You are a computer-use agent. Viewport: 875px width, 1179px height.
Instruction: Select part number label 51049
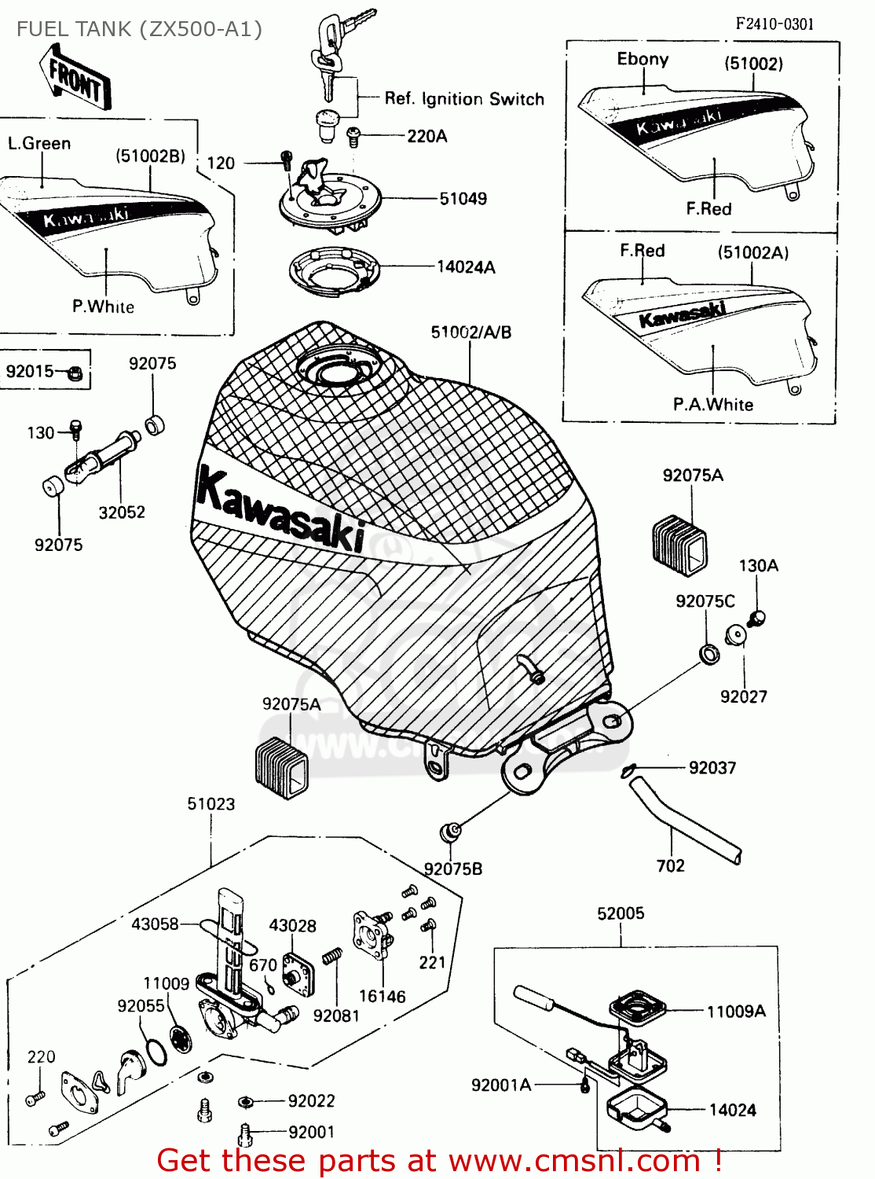pos(463,199)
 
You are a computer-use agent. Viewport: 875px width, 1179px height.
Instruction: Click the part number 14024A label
pos(466,267)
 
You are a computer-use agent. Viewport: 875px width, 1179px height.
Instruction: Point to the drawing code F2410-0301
pos(774,24)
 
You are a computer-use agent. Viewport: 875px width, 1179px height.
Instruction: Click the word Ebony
pos(643,60)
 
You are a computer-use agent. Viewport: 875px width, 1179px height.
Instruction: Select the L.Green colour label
pos(39,143)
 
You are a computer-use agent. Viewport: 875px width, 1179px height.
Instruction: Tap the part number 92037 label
pos(712,768)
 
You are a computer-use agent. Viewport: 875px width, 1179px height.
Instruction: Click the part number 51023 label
pos(211,804)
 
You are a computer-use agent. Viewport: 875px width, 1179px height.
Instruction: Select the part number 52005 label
pos(621,913)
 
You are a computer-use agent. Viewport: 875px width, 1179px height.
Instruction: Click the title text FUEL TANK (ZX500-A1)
pos(139,29)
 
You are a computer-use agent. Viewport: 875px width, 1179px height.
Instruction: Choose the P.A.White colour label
pos(712,405)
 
